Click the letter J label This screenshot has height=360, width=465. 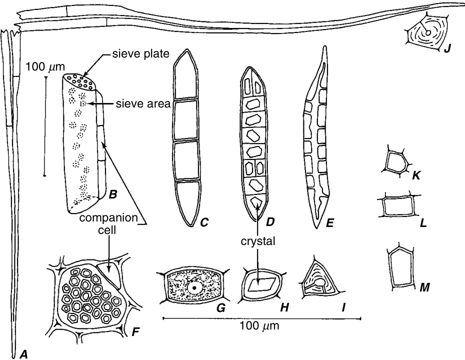point(447,48)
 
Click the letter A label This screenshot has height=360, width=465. point(23,354)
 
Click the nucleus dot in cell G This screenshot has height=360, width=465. point(194,288)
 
